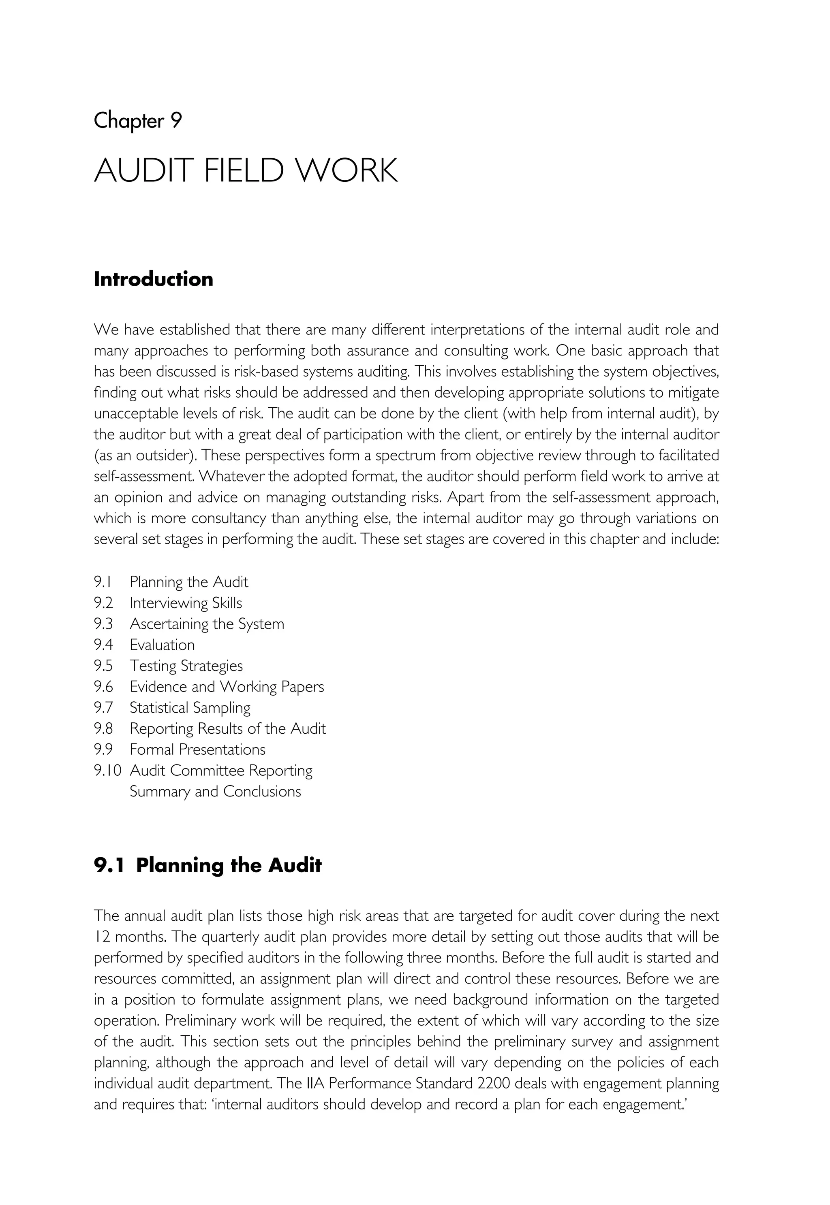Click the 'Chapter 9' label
(138, 121)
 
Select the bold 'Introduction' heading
(154, 279)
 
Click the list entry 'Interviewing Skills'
(186, 603)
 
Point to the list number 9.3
(103, 624)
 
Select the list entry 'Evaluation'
(162, 645)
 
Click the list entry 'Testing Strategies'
(186, 666)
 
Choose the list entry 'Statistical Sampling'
(190, 708)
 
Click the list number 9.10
(107, 771)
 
